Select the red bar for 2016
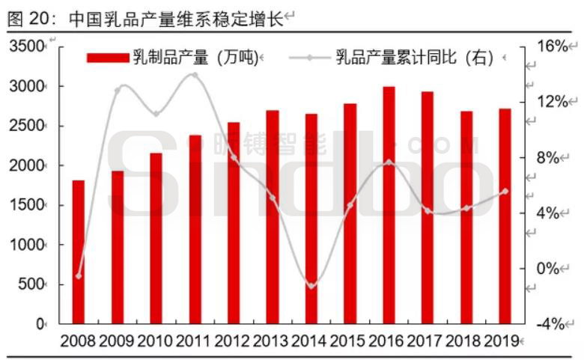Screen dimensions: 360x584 389,205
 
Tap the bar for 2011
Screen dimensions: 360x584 195,229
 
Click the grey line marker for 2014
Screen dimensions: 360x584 311,286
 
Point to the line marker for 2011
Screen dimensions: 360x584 195,75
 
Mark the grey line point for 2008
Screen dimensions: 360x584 79,276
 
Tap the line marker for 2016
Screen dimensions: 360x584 389,162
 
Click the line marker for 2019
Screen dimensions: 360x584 505,191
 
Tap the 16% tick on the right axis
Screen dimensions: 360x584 553,46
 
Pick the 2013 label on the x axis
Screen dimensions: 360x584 273,341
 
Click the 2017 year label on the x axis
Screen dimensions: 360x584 428,341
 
